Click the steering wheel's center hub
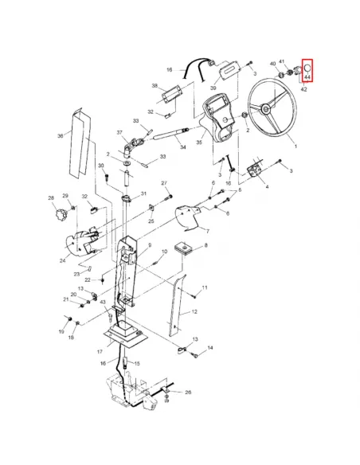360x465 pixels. point(265,108)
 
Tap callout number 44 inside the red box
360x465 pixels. point(307,77)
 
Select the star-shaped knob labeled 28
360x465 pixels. point(61,214)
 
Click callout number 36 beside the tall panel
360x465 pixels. point(61,136)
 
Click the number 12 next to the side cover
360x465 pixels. point(194,311)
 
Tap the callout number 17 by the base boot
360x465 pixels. point(100,351)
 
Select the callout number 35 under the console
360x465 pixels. point(199,143)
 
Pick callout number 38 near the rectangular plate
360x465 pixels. point(155,86)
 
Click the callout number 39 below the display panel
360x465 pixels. point(213,88)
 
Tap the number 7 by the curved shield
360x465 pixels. point(208,232)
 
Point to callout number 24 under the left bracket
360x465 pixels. point(63,261)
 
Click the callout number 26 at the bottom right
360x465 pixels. point(188,392)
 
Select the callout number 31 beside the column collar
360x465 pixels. point(144,193)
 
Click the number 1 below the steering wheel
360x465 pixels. point(295,147)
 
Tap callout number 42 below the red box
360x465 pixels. point(304,89)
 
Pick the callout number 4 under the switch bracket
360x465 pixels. point(267,186)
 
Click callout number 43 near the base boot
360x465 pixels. point(103,302)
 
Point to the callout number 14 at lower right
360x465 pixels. point(210,347)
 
